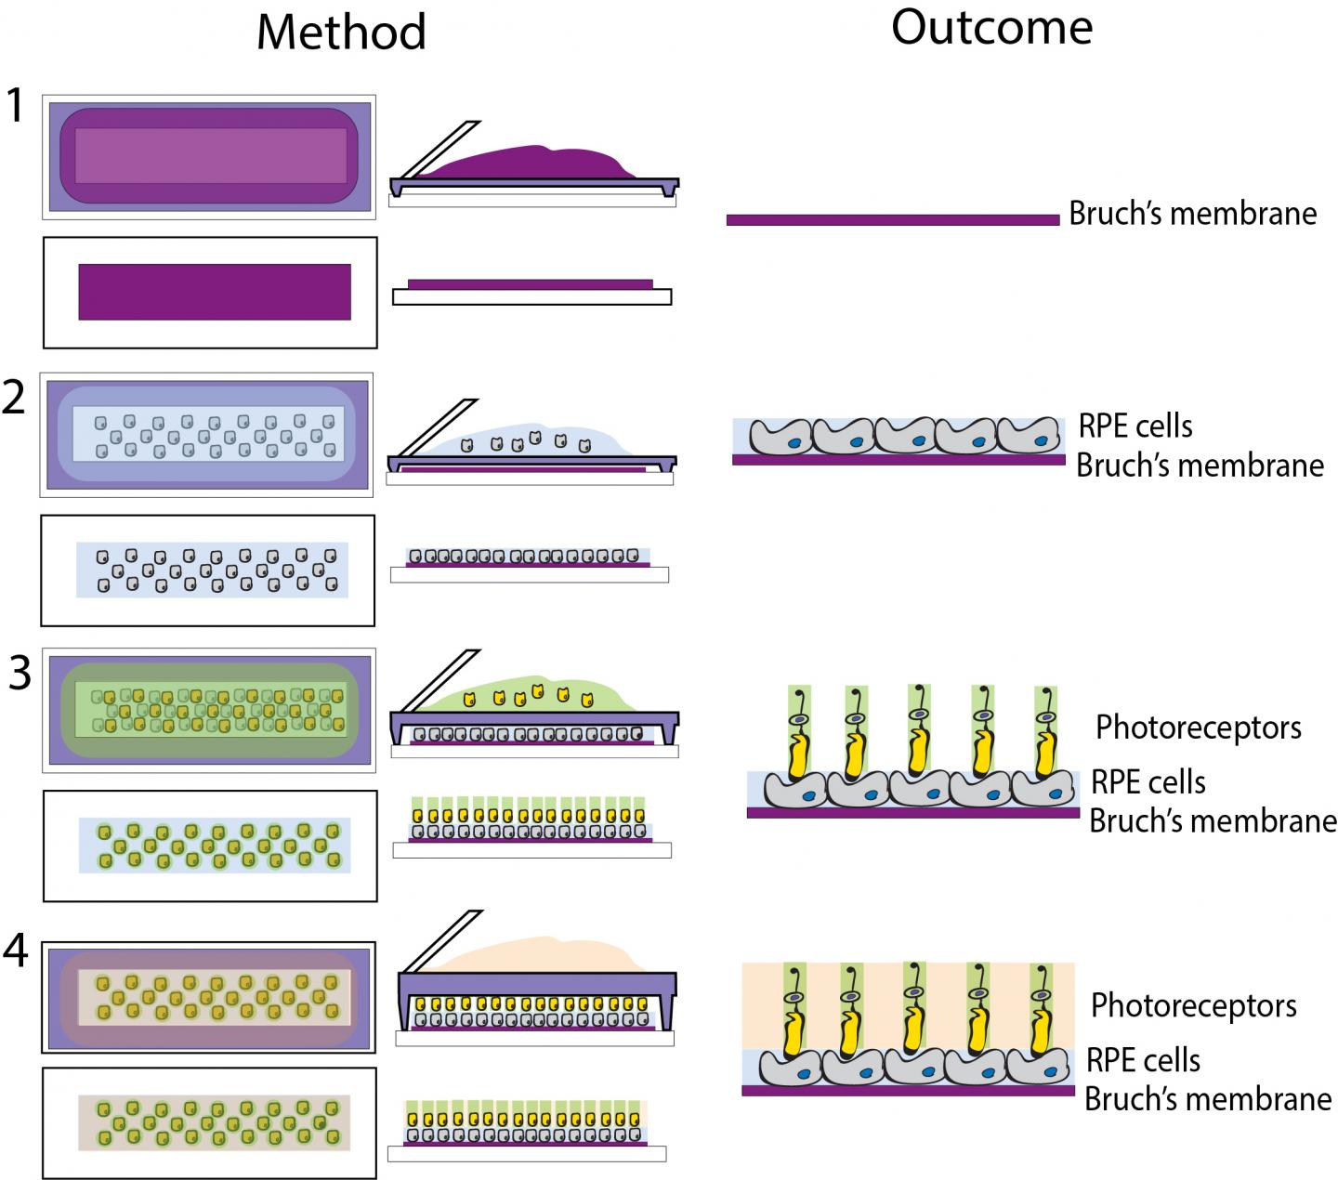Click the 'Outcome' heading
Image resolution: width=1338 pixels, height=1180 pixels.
991,28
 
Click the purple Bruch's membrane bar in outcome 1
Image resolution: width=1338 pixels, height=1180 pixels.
892,220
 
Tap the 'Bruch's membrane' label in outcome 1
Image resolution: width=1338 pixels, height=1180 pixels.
1192,213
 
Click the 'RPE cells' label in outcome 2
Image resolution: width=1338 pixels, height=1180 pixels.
1135,426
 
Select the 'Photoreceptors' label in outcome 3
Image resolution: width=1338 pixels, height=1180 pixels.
1198,727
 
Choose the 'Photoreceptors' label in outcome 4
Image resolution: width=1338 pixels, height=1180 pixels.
1193,1004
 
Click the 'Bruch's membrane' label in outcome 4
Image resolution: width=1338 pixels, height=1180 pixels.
1208,1099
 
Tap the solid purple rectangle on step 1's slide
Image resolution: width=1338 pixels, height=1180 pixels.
215,292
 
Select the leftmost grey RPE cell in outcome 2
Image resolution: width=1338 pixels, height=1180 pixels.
780,437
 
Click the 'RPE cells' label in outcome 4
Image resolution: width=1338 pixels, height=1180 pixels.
1143,1060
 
